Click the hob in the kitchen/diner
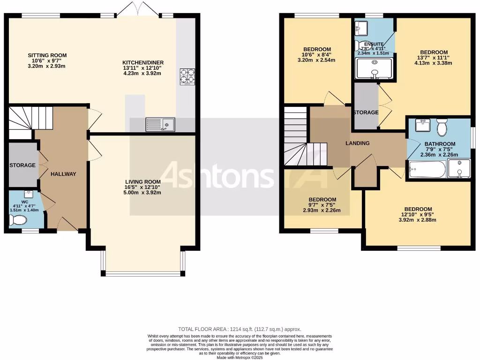click(187, 77)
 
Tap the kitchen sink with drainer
click(160, 124)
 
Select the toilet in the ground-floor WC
click(18, 220)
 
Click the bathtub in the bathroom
click(427, 169)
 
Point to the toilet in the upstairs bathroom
click(442, 127)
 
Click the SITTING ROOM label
click(47, 55)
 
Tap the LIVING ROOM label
click(143, 182)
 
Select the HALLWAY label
click(63, 174)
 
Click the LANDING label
click(358, 143)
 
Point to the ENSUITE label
click(374, 44)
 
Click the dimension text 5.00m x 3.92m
click(143, 192)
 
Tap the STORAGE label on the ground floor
click(22, 165)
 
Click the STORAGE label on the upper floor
click(366, 112)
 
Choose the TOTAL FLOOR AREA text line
click(240, 329)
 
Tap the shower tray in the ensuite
click(374, 69)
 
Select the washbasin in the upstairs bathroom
click(423, 125)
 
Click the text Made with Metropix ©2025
click(240, 357)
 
